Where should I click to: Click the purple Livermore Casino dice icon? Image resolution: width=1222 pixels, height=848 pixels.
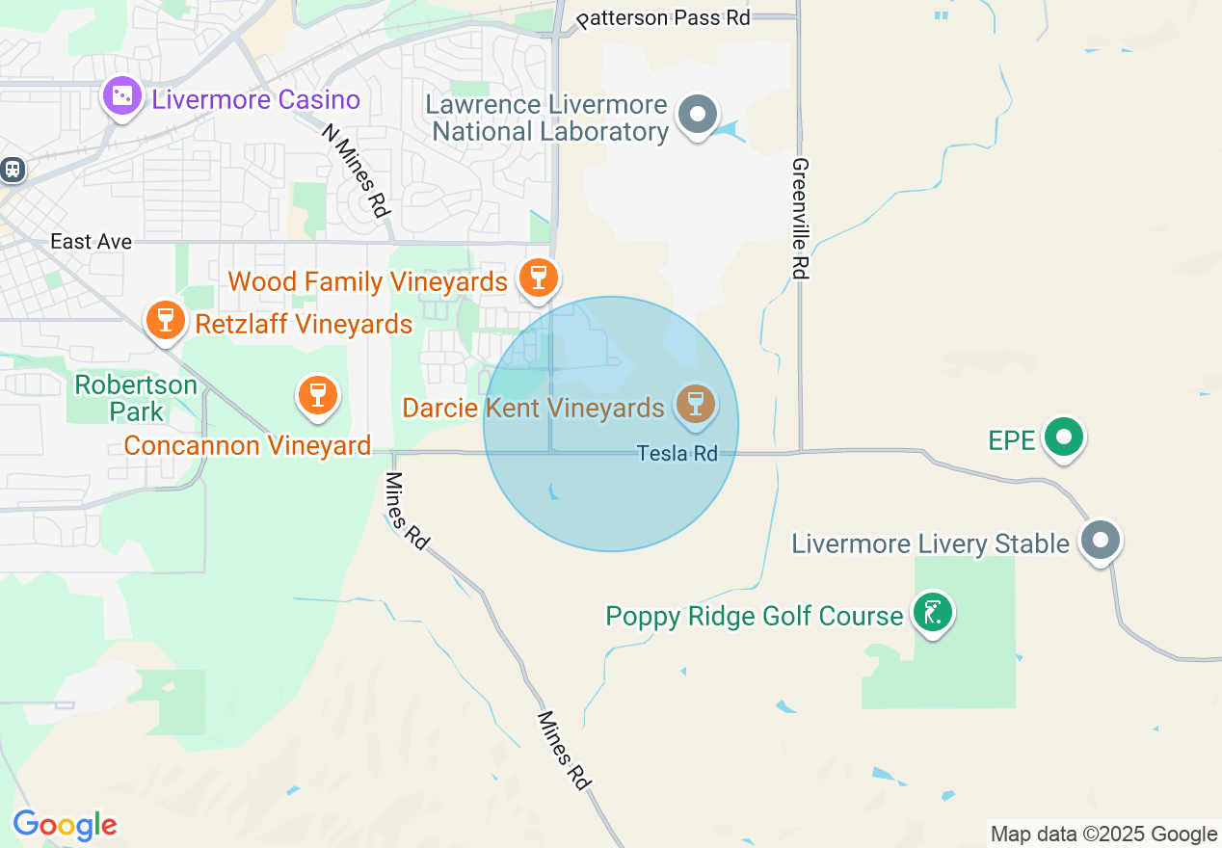point(122,95)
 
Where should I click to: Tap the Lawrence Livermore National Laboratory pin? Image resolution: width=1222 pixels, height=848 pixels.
point(698,115)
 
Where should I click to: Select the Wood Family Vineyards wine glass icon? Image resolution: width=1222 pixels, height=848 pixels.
point(538,277)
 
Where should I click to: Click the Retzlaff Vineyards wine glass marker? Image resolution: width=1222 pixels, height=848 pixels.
point(165,319)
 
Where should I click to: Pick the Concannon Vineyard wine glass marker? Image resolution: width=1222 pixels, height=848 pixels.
point(317,395)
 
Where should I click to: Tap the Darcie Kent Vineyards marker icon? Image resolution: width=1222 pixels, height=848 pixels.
point(694,403)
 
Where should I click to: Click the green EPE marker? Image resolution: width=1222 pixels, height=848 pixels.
point(1064,437)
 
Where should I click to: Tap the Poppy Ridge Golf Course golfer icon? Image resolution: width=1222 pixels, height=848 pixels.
point(932,612)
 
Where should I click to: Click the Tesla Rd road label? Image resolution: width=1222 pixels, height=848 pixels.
point(677,453)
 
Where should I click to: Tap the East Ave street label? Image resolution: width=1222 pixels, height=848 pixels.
point(91,241)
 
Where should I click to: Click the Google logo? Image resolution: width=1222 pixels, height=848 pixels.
point(65,825)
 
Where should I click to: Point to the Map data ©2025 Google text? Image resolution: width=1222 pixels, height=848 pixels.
point(1103,834)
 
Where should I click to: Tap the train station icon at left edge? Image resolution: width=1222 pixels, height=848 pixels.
point(12,169)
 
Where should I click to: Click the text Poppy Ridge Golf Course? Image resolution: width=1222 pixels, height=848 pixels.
point(755,616)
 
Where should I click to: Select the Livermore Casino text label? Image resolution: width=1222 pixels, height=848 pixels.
point(256,99)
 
